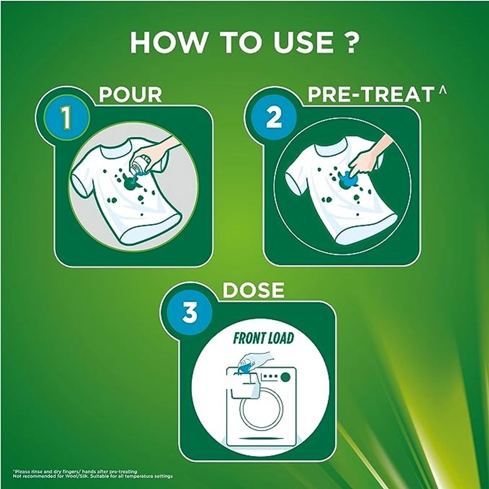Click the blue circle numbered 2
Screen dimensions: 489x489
click(274, 119)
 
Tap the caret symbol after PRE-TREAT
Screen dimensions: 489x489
click(443, 90)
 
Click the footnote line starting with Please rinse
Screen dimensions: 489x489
click(75, 471)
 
